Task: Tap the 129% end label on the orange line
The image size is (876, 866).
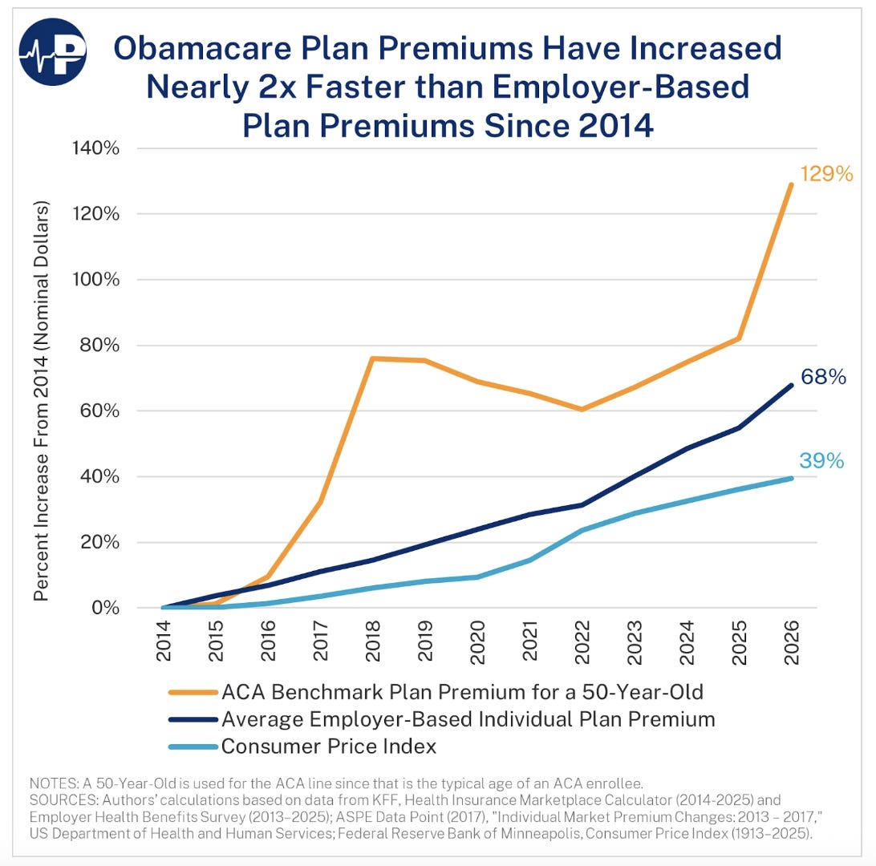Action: pos(825,173)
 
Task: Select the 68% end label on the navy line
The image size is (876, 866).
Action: pos(823,376)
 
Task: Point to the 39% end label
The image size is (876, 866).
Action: pos(821,460)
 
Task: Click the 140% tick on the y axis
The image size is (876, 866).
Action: pos(120,148)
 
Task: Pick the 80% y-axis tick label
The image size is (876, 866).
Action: pos(124,346)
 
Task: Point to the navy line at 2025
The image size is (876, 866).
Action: pos(740,427)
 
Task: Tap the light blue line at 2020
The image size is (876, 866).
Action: pos(478,577)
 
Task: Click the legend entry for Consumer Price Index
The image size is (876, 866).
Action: pos(328,746)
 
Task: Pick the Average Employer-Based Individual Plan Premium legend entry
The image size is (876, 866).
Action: pos(468,718)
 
